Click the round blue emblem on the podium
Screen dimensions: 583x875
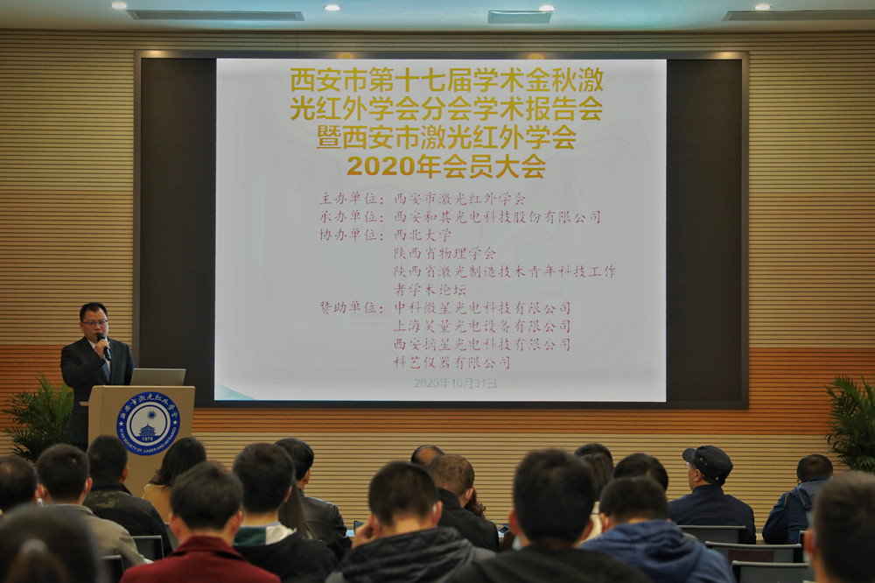[148, 423]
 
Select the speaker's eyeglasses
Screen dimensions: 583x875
[94, 322]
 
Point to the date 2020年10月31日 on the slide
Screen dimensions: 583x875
[455, 383]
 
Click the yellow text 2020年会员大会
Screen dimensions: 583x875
[445, 166]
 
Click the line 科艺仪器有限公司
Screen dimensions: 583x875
[451, 362]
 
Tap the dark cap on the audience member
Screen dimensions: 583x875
[708, 458]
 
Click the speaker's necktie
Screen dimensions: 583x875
[105, 366]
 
